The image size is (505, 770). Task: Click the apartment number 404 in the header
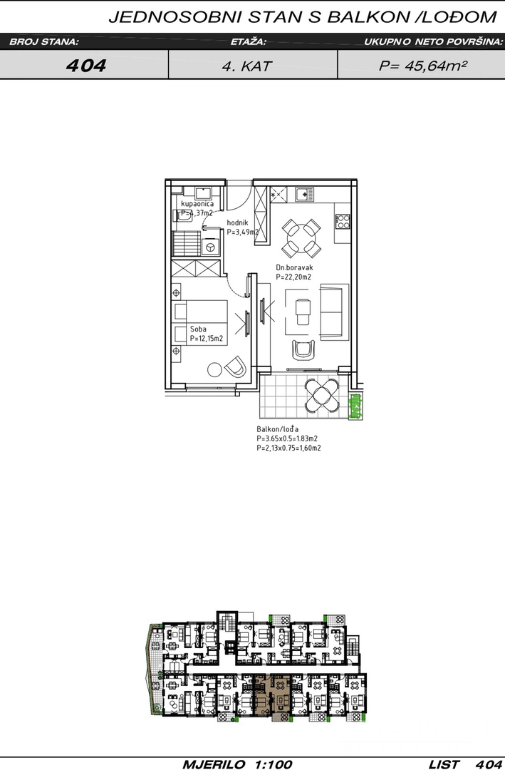86,66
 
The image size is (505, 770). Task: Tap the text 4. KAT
246,66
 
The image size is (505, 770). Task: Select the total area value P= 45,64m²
422,66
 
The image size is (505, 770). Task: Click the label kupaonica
197,204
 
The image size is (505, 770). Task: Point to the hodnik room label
237,222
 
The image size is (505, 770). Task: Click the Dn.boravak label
294,267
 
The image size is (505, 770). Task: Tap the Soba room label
198,329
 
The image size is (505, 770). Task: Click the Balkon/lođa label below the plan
277,428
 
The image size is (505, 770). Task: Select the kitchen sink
304,194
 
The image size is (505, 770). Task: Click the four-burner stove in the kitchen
343,221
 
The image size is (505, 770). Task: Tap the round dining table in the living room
301,237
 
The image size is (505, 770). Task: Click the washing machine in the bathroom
211,247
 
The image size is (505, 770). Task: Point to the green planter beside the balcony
355,406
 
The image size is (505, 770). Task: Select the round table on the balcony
322,395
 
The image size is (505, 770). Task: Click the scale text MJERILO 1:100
237,764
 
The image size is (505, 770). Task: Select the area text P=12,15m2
206,339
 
